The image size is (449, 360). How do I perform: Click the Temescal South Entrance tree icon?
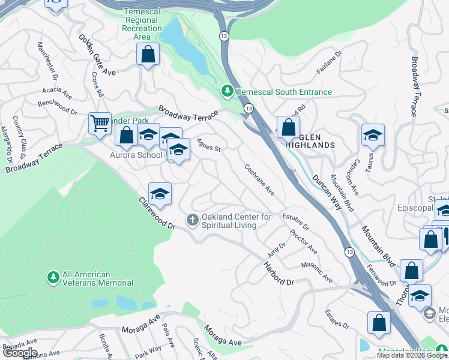(227, 92)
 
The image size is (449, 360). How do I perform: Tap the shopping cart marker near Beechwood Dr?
(100, 123)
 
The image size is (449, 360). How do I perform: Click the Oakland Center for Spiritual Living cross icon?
(192, 220)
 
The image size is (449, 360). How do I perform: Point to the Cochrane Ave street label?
(259, 180)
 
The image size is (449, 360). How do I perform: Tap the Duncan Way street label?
(332, 192)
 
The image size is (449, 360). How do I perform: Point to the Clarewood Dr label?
(156, 214)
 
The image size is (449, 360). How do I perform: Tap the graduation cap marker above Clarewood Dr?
(160, 193)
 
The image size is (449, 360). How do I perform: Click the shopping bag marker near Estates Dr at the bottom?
(379, 323)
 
